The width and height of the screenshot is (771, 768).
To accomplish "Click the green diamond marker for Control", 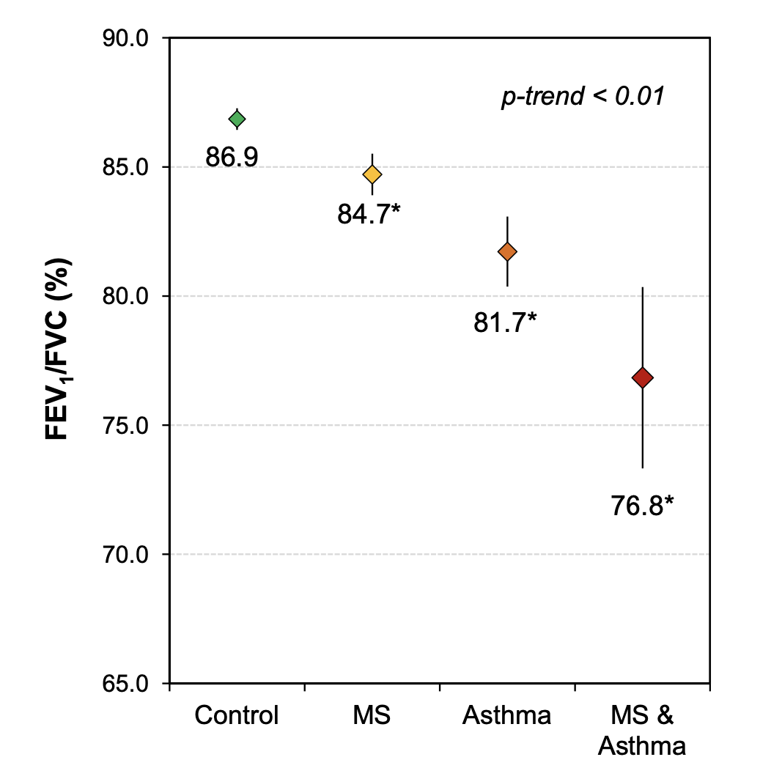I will coord(237,119).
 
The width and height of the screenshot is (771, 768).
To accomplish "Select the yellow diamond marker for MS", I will coord(372,174).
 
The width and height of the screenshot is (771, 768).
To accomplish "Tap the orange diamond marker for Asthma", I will coord(507,251).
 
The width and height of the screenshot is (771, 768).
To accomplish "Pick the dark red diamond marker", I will coord(643,378).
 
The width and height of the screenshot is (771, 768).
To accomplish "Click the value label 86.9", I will coord(232,157).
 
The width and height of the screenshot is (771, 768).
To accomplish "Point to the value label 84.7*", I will coord(370,214).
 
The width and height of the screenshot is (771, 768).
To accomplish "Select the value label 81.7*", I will coord(506,322).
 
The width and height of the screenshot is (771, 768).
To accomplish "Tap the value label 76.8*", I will coord(642,505).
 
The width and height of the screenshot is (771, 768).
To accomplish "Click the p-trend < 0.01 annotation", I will coord(583,97).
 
